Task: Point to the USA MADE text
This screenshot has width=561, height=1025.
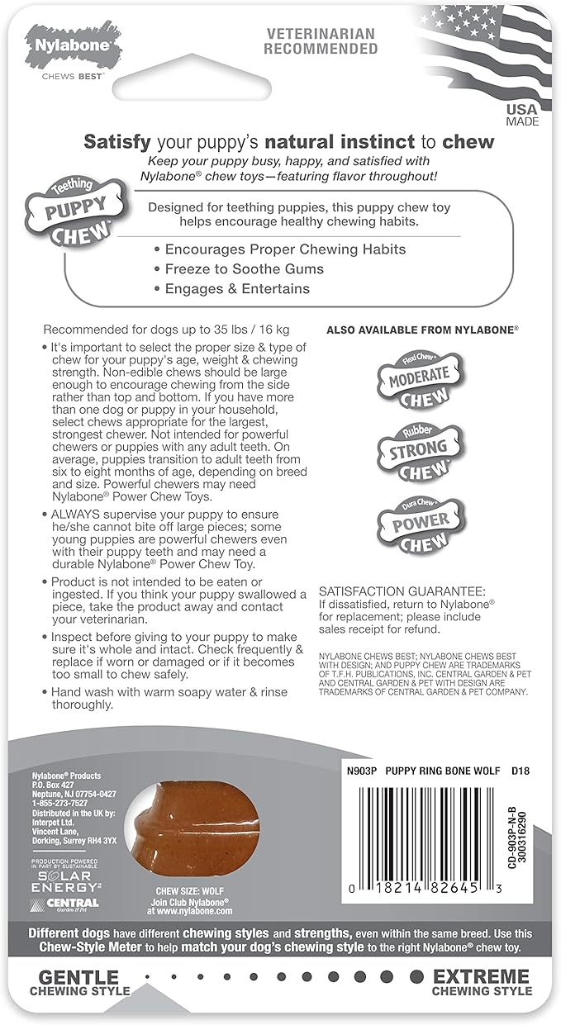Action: [521, 115]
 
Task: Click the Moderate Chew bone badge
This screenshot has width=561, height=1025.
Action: [419, 380]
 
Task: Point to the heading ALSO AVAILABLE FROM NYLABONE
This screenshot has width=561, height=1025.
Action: [422, 329]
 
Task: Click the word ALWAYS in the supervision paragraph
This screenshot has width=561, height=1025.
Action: [74, 514]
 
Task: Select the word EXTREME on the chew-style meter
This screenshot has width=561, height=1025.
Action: [480, 976]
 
